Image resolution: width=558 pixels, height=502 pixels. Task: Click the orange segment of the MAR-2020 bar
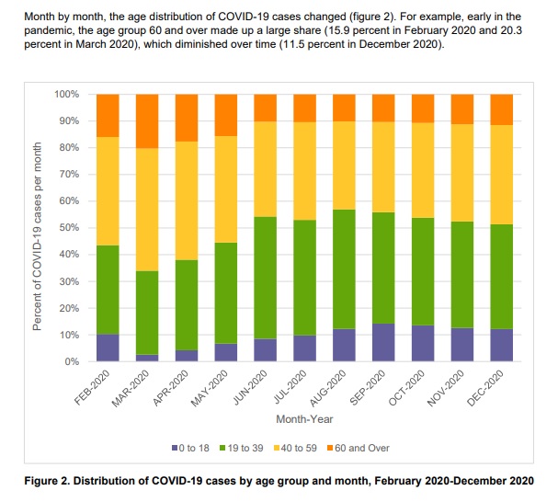pos(148,120)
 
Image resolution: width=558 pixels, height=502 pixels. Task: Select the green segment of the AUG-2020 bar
pos(345,268)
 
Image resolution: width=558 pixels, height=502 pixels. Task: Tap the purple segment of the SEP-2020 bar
pos(383,342)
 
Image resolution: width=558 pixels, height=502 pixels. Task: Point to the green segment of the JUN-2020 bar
pos(266,278)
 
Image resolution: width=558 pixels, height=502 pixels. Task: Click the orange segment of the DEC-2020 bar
pos(502,109)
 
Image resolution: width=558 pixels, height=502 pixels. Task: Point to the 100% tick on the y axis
pos(68,95)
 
